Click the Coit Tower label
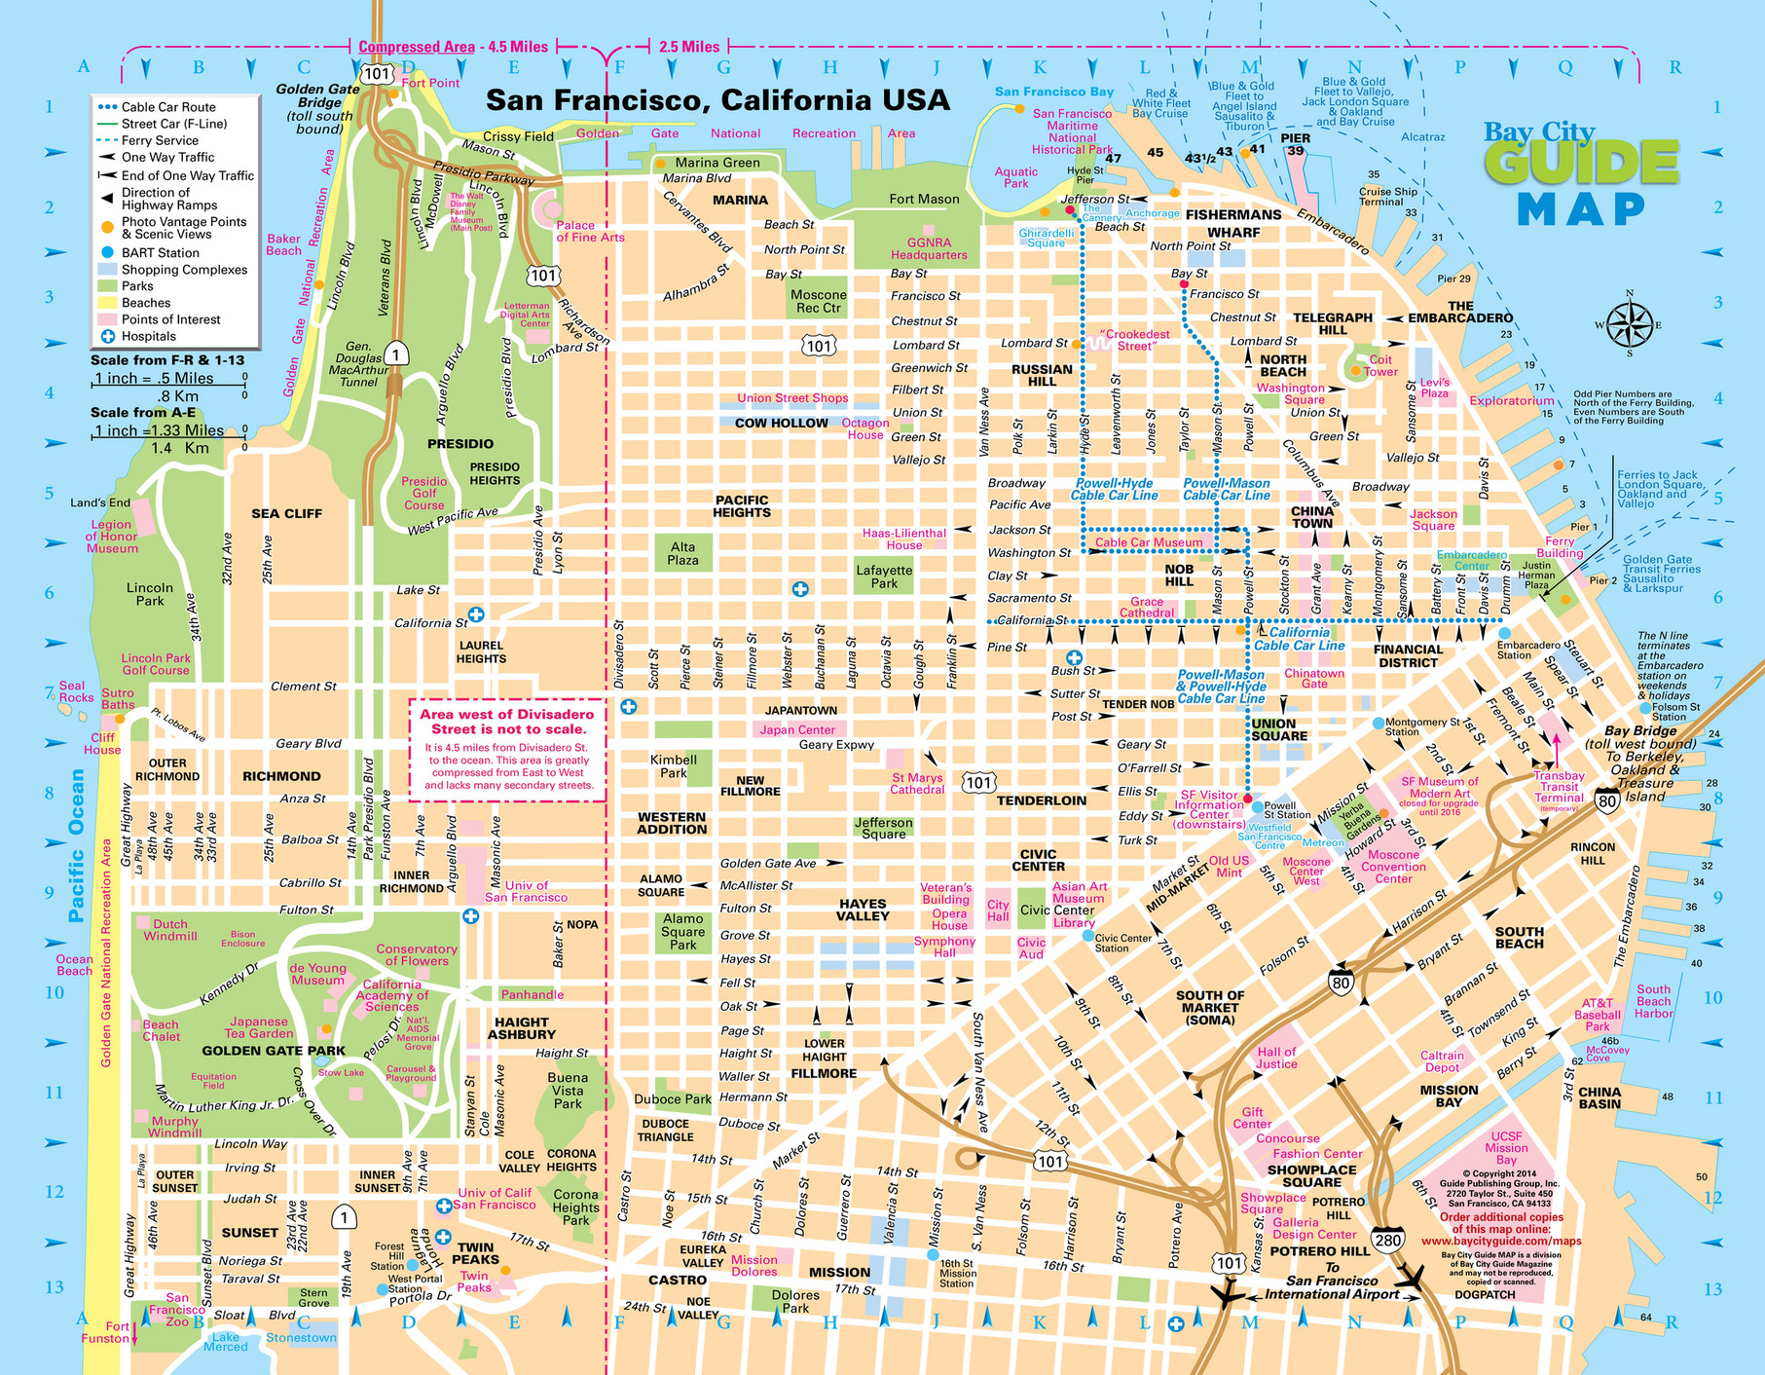pos(1380,365)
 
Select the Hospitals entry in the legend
pos(148,336)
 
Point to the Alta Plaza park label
pos(682,553)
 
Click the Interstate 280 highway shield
pos(1387,1240)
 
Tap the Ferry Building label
pos(1560,546)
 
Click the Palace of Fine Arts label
pos(590,231)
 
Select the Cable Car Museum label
pos(1148,542)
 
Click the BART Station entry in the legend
pos(160,252)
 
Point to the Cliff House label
pos(102,743)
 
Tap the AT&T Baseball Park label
pos(1598,1014)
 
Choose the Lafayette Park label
pos(884,576)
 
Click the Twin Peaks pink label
pos(474,1282)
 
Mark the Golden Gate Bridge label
pos(317,108)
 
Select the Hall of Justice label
pos(1276,1058)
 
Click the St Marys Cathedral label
pos(917,783)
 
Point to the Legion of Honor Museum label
pos(112,536)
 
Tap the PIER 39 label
pos(1295,144)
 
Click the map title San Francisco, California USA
pos(717,100)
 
